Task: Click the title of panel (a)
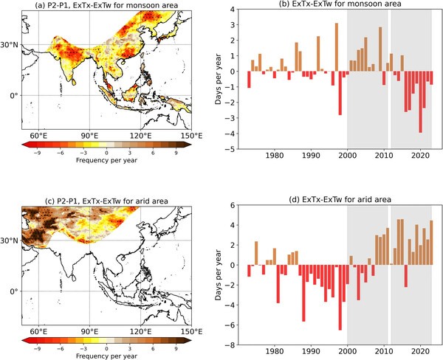(111, 7)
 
